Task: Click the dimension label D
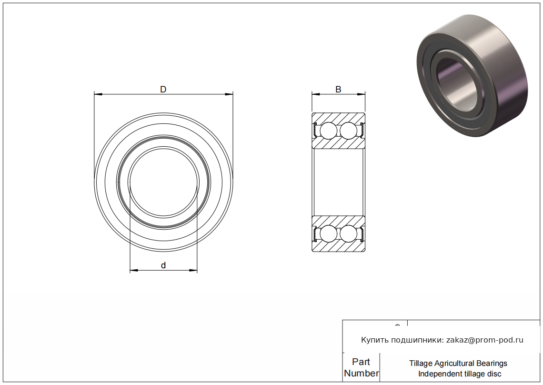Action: tap(163, 90)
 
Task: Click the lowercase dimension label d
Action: tap(163, 265)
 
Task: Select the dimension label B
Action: tap(338, 90)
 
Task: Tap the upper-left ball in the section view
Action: tap(328, 131)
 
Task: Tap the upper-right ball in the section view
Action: tap(348, 131)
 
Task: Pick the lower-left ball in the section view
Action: tap(328, 233)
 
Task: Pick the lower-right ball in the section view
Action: tap(348, 233)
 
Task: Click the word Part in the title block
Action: tap(361, 362)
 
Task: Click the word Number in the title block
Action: tap(361, 373)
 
